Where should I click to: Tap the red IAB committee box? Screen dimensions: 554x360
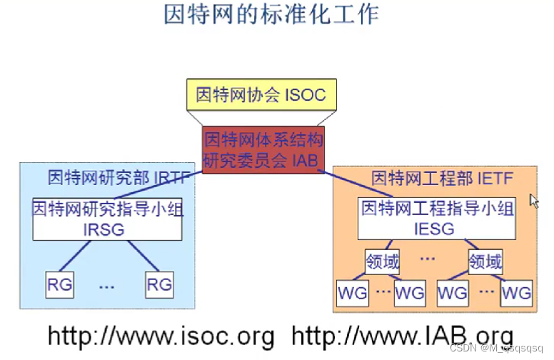[263, 149]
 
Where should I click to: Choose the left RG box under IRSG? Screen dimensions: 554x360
[60, 284]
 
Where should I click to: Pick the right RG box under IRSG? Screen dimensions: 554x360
[158, 284]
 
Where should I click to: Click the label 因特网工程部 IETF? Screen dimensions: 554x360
[443, 177]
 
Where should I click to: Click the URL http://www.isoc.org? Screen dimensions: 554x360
[161, 336]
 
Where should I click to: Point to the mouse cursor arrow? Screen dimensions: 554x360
[533, 200]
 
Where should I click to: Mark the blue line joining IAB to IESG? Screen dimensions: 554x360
[357, 183]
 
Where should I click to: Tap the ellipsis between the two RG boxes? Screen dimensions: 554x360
[108, 286]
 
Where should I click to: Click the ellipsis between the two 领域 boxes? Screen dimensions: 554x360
[428, 258]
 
